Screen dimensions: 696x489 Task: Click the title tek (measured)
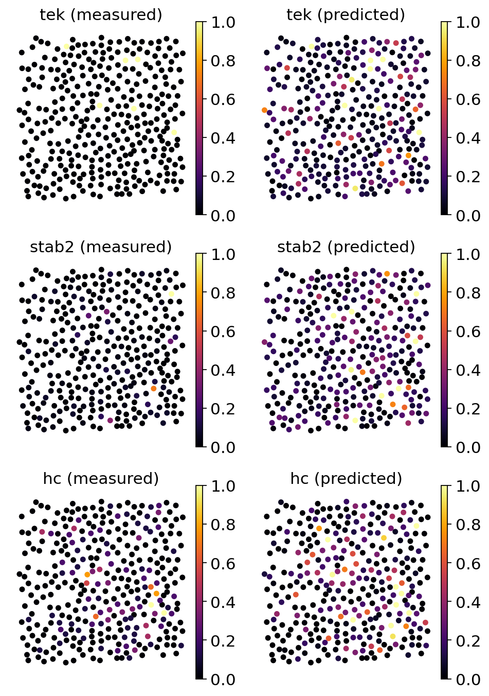pyautogui.click(x=101, y=15)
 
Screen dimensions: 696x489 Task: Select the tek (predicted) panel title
pyautogui.click(x=346, y=15)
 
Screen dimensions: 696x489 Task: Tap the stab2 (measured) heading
pyautogui.click(x=101, y=247)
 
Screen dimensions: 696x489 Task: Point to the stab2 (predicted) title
pyautogui.click(x=346, y=247)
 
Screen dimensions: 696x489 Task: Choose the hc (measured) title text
pyautogui.click(x=101, y=479)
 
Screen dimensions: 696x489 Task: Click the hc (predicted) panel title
pyautogui.click(x=346, y=479)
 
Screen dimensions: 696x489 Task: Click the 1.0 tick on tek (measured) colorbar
pyautogui.click(x=223, y=22)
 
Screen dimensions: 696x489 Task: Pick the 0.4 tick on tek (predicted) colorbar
pyautogui.click(x=468, y=138)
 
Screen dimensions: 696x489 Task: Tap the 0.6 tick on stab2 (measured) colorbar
pyautogui.click(x=223, y=332)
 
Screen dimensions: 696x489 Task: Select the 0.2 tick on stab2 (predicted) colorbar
pyautogui.click(x=468, y=409)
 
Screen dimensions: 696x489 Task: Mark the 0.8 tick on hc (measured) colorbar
pyautogui.click(x=223, y=525)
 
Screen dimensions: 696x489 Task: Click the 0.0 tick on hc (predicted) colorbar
pyautogui.click(x=468, y=680)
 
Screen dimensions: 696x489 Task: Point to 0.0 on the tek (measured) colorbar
pyautogui.click(x=223, y=215)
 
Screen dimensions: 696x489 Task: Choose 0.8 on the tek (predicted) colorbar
pyautogui.click(x=468, y=61)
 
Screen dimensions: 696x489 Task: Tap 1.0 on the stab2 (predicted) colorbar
pyautogui.click(x=468, y=254)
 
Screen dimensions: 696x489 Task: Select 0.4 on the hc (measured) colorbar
pyautogui.click(x=223, y=602)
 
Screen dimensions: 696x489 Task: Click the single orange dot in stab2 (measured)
pyautogui.click(x=154, y=388)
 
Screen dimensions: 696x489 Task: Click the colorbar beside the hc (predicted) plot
pyautogui.click(x=445, y=582)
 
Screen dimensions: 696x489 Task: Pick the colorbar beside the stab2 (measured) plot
pyautogui.click(x=201, y=350)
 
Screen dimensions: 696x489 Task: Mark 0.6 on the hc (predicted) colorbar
pyautogui.click(x=468, y=564)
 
